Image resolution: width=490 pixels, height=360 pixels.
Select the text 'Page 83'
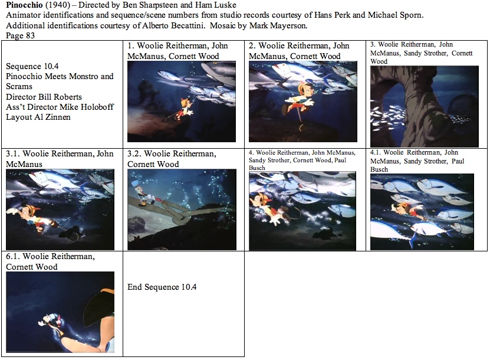click(20, 35)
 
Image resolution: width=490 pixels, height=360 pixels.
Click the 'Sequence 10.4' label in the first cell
click(32, 66)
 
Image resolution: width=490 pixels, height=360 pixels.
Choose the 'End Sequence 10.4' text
click(162, 287)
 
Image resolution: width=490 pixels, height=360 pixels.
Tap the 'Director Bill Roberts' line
click(44, 97)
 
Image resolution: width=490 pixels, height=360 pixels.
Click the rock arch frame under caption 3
click(425, 106)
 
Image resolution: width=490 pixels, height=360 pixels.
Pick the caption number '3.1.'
click(13, 154)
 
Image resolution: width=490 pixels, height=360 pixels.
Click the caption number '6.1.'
click(13, 257)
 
